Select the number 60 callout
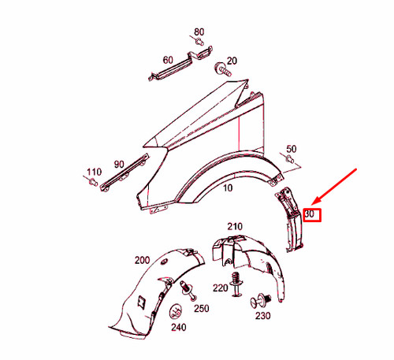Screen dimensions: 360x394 [x=168, y=60]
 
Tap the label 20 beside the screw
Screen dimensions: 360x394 [x=232, y=61]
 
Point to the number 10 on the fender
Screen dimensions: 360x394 [x=228, y=189]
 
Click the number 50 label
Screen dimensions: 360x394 [x=291, y=148]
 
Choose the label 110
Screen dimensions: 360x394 [x=95, y=172]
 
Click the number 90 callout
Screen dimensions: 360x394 [x=119, y=164]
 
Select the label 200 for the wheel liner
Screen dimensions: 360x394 [x=142, y=260]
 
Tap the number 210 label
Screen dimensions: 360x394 [x=235, y=227]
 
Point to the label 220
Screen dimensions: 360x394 [x=221, y=288]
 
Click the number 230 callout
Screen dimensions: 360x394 [x=262, y=316]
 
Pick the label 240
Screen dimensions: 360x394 [x=178, y=327]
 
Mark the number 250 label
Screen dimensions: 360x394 [x=201, y=308]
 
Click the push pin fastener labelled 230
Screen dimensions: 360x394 [x=262, y=299]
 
